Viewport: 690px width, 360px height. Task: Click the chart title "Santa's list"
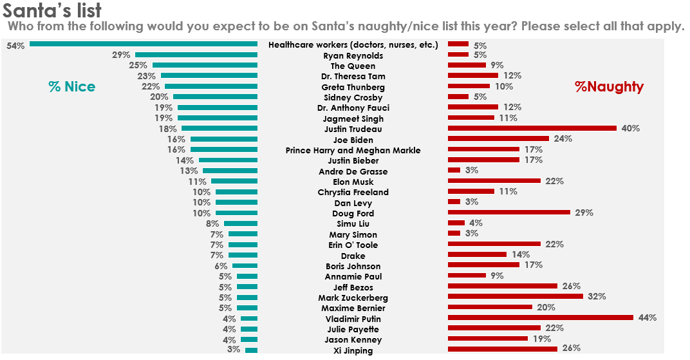click(52, 11)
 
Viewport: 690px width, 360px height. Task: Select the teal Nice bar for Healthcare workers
click(144, 44)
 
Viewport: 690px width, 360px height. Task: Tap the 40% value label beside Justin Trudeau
click(630, 128)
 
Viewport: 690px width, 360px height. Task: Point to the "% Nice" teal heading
click(71, 87)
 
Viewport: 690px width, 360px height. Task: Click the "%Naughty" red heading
click(609, 87)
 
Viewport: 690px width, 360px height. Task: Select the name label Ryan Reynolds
click(353, 56)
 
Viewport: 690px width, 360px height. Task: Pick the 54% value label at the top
click(15, 46)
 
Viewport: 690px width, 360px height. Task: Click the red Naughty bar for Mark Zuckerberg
click(515, 296)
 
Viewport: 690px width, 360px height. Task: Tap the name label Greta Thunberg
click(353, 87)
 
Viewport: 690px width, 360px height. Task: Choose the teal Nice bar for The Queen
click(205, 66)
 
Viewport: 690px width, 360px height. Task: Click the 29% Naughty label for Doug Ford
click(584, 213)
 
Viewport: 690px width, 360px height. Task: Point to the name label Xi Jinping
click(353, 350)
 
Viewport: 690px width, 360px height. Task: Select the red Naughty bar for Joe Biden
click(498, 138)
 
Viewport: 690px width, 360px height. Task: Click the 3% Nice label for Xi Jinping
click(233, 349)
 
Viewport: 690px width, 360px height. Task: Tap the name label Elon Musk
click(353, 182)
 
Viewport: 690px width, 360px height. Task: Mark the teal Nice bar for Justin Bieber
click(228, 160)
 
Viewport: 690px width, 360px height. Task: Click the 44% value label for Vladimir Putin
click(647, 317)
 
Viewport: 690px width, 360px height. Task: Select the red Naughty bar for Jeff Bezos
click(502, 286)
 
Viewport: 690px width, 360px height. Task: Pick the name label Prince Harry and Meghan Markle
click(353, 150)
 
